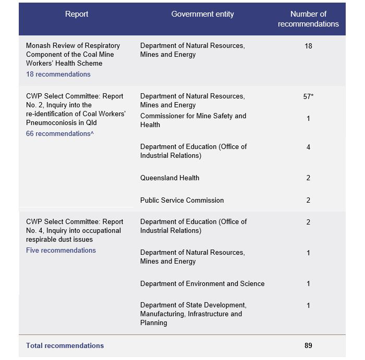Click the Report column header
click(x=77, y=15)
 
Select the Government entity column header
click(x=202, y=15)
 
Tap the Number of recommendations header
click(x=308, y=19)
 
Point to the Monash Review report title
click(x=72, y=55)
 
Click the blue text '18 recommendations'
click(x=58, y=75)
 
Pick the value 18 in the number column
click(x=308, y=46)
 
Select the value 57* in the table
click(x=308, y=97)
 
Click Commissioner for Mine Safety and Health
click(x=193, y=120)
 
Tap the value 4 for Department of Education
click(x=308, y=147)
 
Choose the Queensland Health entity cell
click(x=169, y=178)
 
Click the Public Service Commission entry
click(x=182, y=201)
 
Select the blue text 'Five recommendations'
click(x=61, y=251)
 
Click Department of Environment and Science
click(x=202, y=284)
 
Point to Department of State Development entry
click(x=193, y=314)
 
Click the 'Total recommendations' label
click(x=65, y=346)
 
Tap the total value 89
click(x=308, y=346)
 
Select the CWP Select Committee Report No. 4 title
click(x=75, y=231)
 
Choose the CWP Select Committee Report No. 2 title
click(x=76, y=109)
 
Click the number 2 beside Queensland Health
click(x=308, y=178)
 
